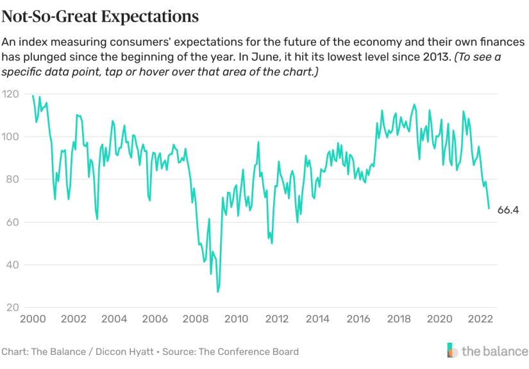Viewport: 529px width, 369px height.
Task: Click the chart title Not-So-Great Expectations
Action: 99,15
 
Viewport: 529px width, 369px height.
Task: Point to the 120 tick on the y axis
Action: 10,94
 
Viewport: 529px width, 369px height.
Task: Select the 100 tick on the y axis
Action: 10,137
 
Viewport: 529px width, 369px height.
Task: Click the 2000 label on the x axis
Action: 32,319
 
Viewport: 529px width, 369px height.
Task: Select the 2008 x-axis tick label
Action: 195,319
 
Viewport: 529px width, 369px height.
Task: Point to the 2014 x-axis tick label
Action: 317,319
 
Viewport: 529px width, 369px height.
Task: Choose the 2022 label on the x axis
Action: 480,319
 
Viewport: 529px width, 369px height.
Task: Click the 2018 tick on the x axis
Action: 399,319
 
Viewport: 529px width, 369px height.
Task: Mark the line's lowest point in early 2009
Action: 217,292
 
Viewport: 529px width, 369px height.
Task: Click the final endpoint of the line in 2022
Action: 489,209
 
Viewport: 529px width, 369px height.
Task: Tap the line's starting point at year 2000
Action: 33,96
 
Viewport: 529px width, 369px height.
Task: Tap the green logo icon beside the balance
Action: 453,350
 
